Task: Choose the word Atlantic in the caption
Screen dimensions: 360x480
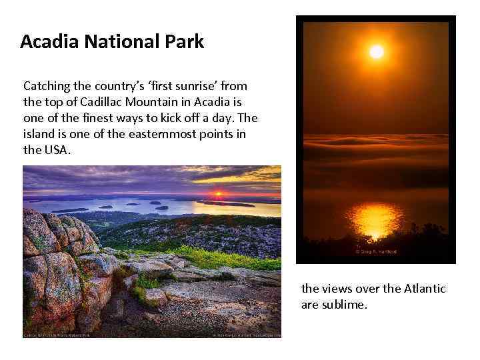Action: tap(421, 289)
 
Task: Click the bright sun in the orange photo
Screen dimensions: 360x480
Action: tap(377, 51)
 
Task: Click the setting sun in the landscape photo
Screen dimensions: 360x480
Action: tap(217, 195)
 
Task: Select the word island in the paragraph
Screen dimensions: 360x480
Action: tap(39, 134)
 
